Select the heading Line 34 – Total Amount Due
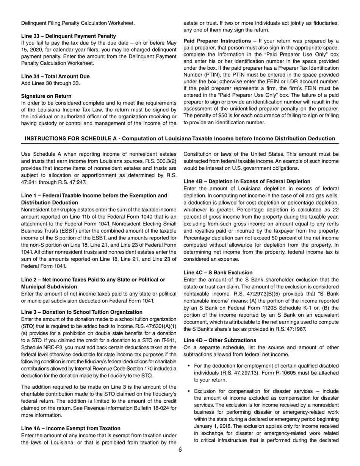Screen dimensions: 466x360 coord(55,76)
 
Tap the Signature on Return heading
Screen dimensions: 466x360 coord(46,96)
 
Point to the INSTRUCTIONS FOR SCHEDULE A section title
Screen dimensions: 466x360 coord(180,139)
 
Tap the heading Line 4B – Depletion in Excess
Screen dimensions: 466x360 coord(247,181)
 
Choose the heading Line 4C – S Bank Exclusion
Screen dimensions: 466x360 coord(218,272)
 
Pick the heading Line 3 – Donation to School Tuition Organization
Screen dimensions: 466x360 coord(82,312)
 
